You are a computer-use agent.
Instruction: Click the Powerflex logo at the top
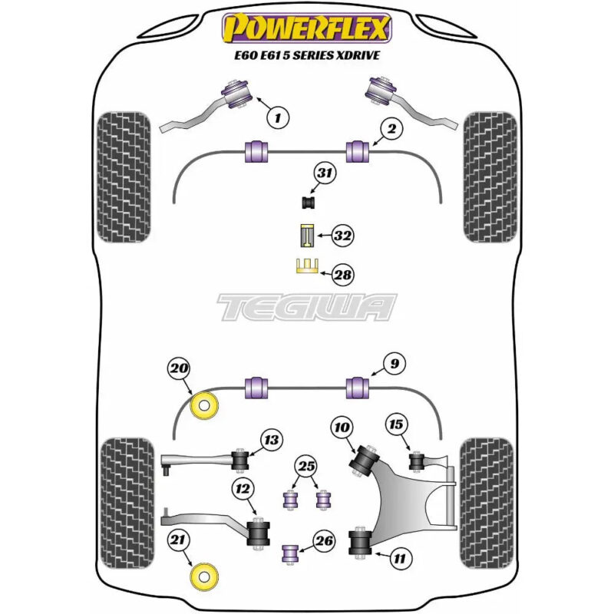[x=307, y=28]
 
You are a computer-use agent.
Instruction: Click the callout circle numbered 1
[x=278, y=117]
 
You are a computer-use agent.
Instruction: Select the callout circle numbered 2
[x=391, y=128]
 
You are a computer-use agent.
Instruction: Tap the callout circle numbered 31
[x=325, y=173]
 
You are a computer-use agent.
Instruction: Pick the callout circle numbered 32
[x=342, y=236]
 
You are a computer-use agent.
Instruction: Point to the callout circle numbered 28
[x=342, y=275]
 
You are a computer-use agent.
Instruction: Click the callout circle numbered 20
[x=179, y=368]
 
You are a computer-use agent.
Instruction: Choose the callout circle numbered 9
[x=394, y=364]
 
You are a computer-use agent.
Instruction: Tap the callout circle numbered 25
[x=306, y=466]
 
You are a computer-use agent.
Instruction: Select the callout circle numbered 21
[x=178, y=540]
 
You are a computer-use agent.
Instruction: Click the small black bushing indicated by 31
[x=309, y=203]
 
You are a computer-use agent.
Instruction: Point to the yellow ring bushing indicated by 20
[x=204, y=405]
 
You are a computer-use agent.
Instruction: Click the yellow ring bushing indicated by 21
[x=203, y=577]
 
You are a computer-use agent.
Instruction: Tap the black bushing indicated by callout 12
[x=259, y=533]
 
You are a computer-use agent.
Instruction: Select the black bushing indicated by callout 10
[x=364, y=460]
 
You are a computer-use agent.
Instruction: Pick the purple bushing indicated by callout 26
[x=291, y=553]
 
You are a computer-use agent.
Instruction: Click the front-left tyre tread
[x=124, y=177]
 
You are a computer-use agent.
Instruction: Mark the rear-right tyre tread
[x=487, y=503]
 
